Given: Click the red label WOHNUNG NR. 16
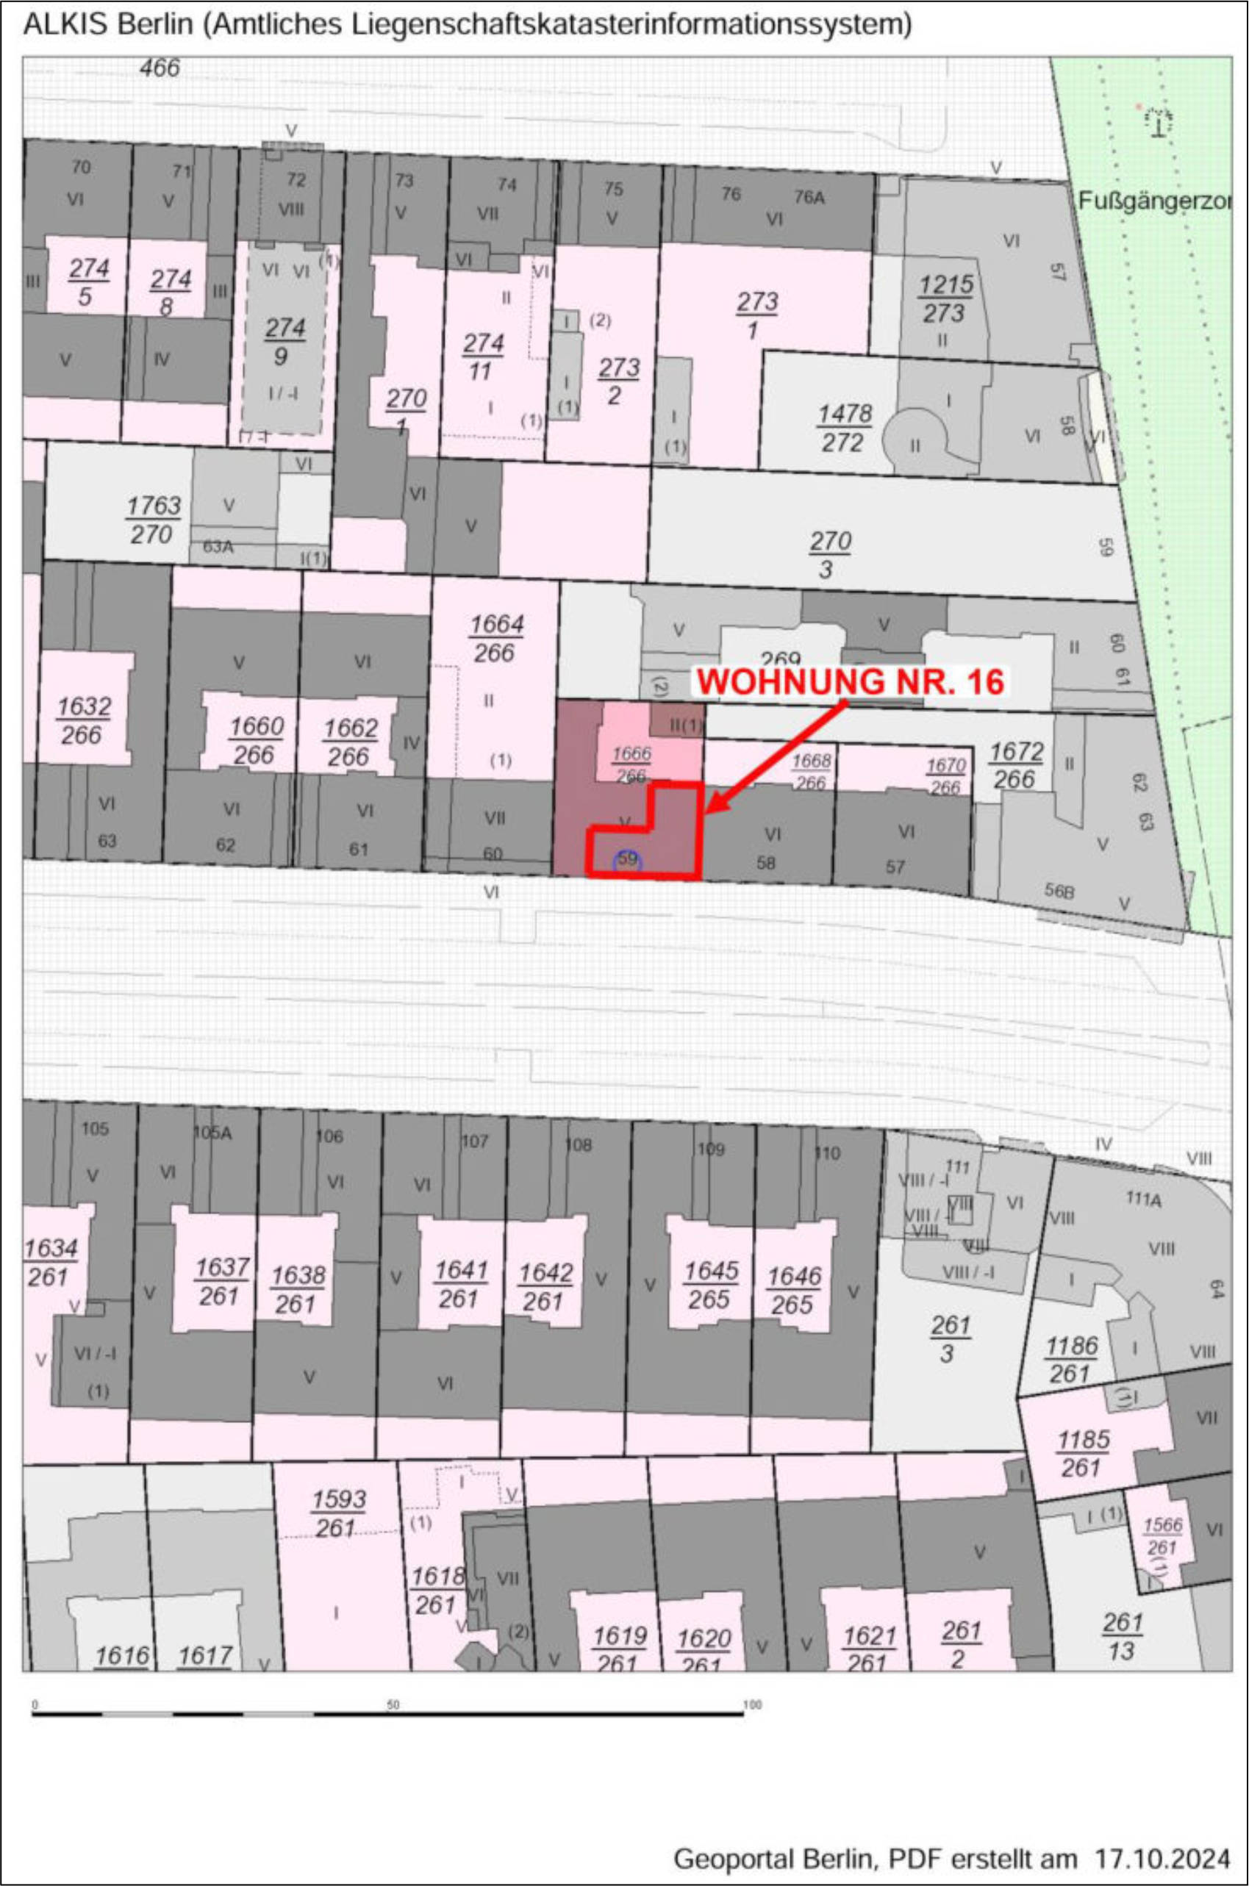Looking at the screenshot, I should [x=851, y=682].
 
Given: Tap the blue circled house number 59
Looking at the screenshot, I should [x=627, y=859].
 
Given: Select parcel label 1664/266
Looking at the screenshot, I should [x=496, y=639].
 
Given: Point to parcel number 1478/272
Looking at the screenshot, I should [x=845, y=428].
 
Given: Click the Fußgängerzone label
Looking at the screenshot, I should [x=1155, y=201].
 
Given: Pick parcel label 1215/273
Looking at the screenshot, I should [x=945, y=298].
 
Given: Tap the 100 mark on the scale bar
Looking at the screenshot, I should [x=751, y=1704].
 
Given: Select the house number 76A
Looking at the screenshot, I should [x=809, y=197].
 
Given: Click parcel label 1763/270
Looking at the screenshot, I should [x=153, y=520].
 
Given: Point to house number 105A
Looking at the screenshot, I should [x=212, y=1133].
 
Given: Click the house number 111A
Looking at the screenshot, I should [x=1143, y=1199].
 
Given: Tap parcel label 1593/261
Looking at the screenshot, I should [x=337, y=1513].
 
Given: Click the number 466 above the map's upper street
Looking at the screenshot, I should [x=160, y=68].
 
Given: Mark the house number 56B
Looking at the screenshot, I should [x=1059, y=890].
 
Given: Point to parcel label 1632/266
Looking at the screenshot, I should [x=84, y=720].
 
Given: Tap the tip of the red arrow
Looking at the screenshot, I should [x=706, y=813].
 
